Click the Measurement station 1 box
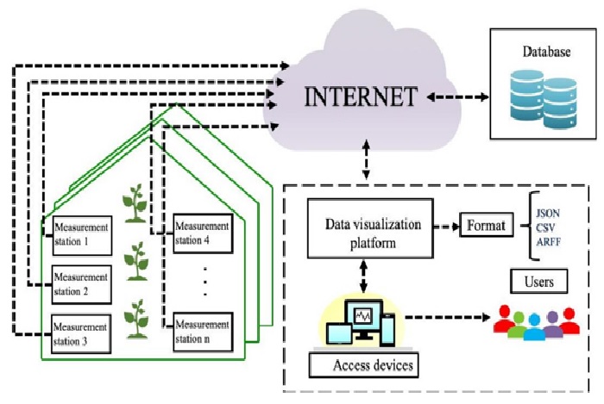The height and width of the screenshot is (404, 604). point(82,233)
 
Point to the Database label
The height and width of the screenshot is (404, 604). point(545,53)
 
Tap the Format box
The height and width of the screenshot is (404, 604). point(488,227)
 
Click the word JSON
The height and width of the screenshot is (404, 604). point(548,212)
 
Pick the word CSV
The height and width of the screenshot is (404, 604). point(544,227)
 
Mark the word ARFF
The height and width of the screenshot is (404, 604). point(547,242)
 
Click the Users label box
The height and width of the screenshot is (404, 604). point(539,282)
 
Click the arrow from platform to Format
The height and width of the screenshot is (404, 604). point(442,227)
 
